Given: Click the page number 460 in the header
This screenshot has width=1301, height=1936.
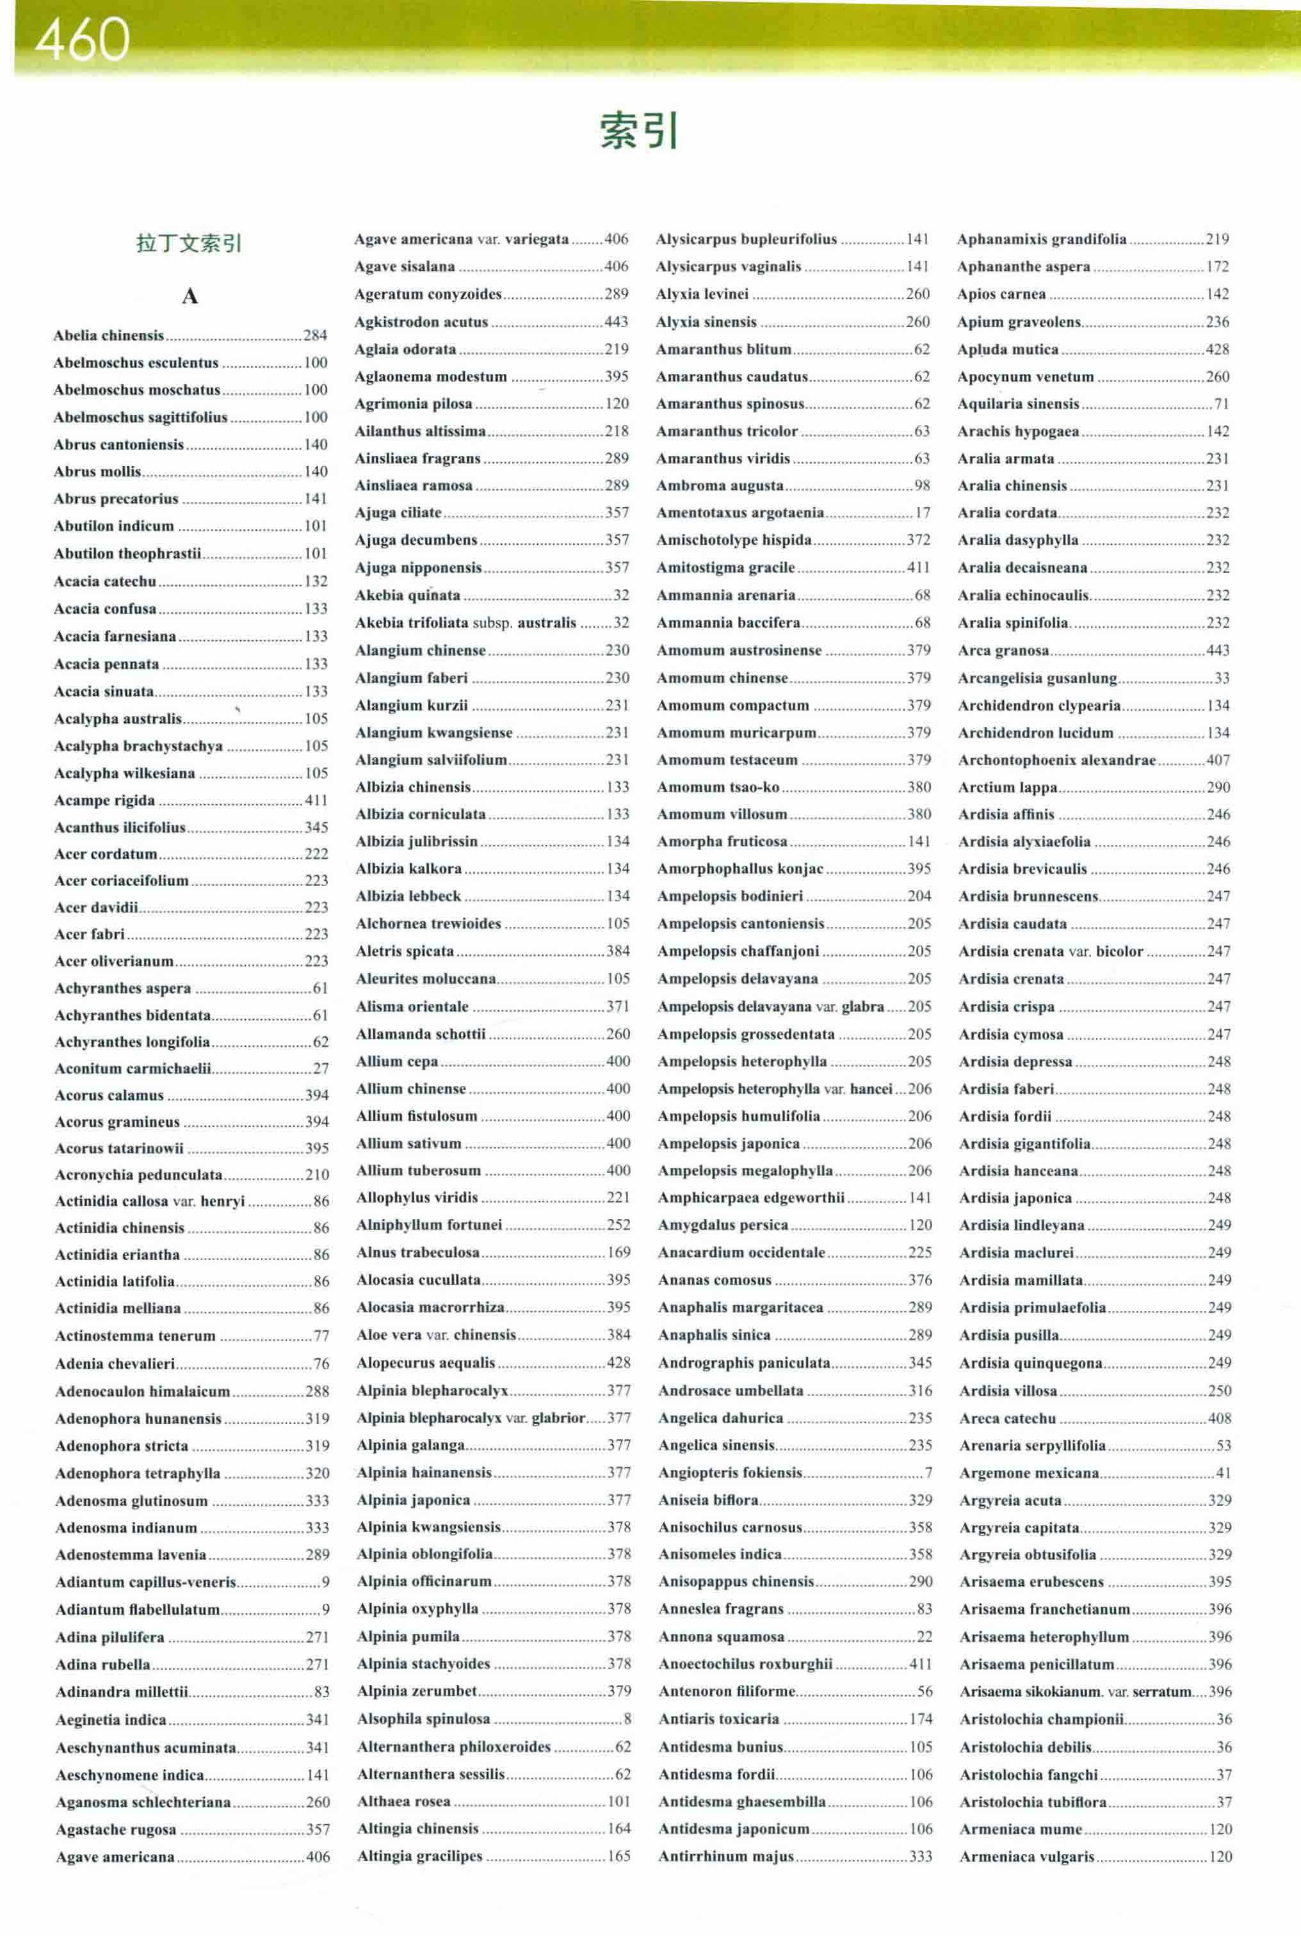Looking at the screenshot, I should tap(82, 39).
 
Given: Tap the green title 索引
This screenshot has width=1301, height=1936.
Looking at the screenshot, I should tap(639, 131).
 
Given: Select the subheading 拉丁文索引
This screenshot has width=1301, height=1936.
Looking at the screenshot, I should tap(189, 243).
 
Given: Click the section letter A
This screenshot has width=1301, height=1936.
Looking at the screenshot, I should tap(190, 296).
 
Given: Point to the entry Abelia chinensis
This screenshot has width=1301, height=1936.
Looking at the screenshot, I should tap(109, 335).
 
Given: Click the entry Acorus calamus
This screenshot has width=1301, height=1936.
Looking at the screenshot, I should tap(109, 1095).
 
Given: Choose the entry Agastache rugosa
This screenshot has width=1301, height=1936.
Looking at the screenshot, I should tap(116, 1829).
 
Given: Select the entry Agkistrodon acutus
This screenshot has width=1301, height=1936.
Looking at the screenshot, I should tap(421, 322).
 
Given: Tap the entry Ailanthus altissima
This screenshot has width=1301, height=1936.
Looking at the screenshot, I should tap(421, 432).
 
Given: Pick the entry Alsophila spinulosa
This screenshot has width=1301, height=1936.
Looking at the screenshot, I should tap(424, 1719).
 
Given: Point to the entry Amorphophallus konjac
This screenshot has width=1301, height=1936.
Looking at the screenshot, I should tap(740, 869).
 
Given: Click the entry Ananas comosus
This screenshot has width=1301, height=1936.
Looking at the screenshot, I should tap(715, 1280).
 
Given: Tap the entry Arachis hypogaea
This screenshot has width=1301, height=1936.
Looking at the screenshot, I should tap(1018, 432).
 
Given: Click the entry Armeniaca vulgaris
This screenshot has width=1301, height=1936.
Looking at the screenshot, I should tap(1027, 1857).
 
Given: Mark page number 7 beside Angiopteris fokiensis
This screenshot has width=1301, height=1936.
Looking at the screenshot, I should tap(928, 1472).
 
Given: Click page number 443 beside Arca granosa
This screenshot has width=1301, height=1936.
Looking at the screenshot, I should tap(1218, 650).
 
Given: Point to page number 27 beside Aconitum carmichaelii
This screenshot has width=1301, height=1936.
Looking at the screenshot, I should tap(320, 1069).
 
